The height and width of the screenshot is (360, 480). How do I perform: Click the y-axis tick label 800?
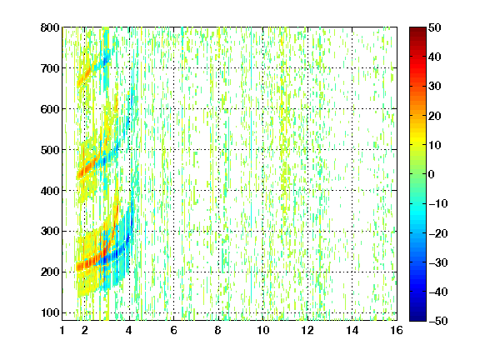tap(50, 27)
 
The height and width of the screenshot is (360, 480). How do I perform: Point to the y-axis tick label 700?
tap(50, 68)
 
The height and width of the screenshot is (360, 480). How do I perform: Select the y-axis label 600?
tap(50, 109)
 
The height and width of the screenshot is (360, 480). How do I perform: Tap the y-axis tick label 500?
tap(50, 150)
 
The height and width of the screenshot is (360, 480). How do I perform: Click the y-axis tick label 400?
tap(50, 191)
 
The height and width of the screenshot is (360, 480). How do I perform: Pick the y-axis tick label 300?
tap(50, 232)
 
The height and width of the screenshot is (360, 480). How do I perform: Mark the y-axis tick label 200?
tap(50, 272)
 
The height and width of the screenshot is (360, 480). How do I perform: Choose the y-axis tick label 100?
tap(50, 312)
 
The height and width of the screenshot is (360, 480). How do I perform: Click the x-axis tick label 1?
tap(62, 330)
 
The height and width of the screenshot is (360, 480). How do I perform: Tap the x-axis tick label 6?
tap(173, 330)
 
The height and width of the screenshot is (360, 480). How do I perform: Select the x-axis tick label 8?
tap(218, 330)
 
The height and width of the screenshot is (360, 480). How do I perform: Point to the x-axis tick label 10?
tap(263, 330)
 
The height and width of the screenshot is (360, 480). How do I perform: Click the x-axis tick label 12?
tap(307, 330)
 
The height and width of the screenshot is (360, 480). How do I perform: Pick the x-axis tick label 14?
tap(352, 330)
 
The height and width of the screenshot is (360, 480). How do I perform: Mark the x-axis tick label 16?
tap(397, 330)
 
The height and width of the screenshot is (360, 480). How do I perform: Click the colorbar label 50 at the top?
tap(434, 27)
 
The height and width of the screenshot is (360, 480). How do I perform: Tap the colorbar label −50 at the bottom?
tap(438, 321)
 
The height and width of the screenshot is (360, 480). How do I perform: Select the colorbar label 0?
tap(431, 174)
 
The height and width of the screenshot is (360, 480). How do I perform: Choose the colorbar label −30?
tap(438, 262)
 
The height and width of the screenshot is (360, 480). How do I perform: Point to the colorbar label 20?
tap(434, 116)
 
